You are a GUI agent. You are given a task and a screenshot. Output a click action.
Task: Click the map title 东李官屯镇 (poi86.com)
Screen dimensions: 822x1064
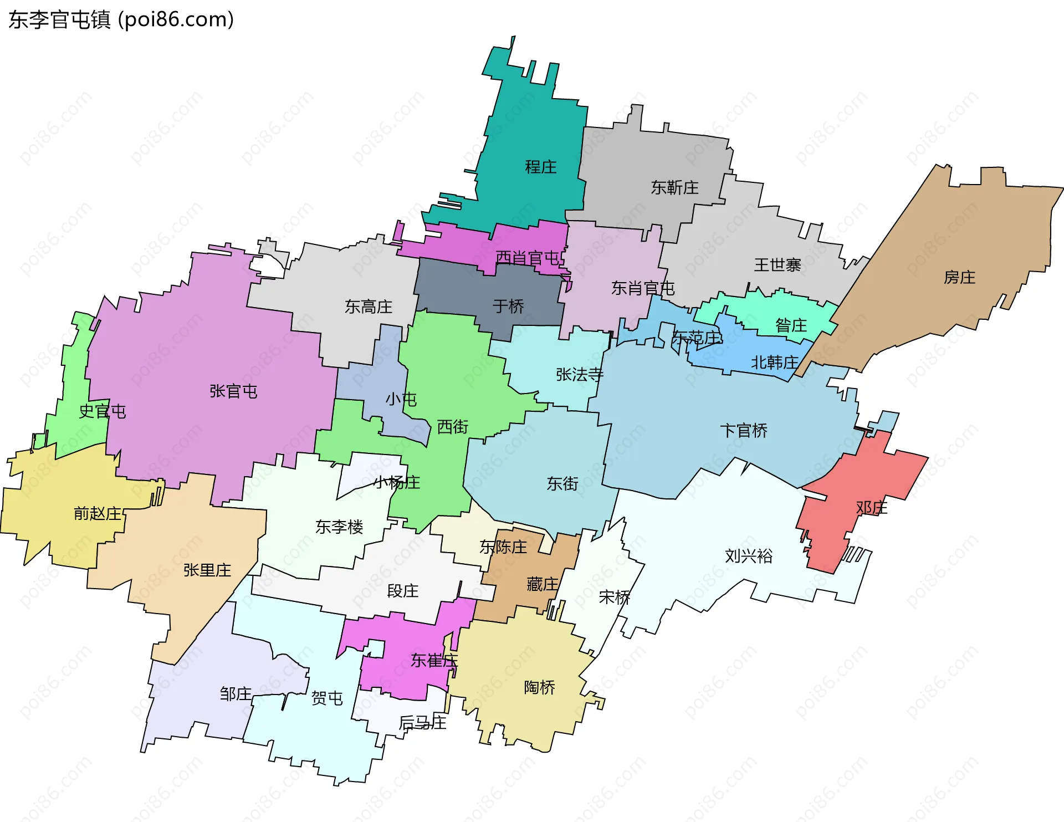(121, 20)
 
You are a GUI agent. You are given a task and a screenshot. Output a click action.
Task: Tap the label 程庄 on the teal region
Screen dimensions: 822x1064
(540, 167)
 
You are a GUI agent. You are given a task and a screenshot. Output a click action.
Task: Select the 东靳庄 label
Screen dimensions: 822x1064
(674, 188)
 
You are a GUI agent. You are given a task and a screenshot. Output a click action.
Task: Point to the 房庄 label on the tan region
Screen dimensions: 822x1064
(959, 277)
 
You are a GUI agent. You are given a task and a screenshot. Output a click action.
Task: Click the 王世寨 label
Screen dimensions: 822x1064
(777, 265)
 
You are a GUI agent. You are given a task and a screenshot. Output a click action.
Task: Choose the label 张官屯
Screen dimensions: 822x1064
(233, 391)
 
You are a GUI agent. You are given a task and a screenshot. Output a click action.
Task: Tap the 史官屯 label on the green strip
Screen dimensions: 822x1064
(103, 411)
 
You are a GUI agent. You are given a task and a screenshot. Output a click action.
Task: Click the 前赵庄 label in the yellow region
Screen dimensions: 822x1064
(98, 513)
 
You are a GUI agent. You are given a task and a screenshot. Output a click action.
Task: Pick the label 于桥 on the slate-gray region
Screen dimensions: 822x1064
(508, 306)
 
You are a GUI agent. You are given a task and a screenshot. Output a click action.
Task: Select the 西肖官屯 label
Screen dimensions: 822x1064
(527, 258)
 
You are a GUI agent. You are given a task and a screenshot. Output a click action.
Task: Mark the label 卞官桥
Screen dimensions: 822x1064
(743, 431)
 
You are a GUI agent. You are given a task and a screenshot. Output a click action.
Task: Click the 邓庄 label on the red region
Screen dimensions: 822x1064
(871, 507)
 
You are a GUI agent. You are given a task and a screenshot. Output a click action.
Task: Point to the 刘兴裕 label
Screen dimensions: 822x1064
(748, 556)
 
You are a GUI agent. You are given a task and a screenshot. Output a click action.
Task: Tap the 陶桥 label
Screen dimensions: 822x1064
(539, 687)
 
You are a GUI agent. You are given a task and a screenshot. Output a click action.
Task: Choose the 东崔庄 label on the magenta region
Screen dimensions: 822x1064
(434, 660)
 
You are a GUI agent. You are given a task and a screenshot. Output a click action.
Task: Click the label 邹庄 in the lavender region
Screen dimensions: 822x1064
(236, 693)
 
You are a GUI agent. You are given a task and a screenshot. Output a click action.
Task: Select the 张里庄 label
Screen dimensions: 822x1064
(207, 570)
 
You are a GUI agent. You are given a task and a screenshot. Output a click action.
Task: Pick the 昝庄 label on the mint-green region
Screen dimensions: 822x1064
(791, 325)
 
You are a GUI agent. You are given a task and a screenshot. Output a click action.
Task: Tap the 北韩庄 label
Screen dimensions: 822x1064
(774, 363)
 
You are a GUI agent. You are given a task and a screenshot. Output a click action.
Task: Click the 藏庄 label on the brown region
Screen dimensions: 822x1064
(542, 584)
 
